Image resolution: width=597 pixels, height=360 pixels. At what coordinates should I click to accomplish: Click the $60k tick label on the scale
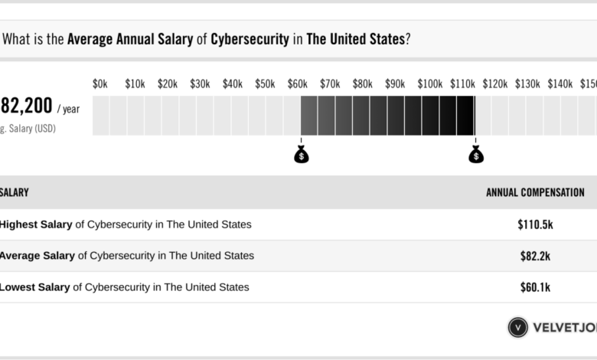pyautogui.click(x=298, y=83)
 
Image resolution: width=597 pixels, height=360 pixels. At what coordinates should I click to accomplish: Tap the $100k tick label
pyautogui.click(x=430, y=83)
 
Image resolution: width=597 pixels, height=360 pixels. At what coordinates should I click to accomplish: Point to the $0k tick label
pyautogui.click(x=100, y=83)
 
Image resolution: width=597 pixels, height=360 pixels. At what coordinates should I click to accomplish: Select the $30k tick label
pyautogui.click(x=200, y=83)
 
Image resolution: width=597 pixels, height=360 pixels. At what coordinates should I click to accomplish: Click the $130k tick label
pyautogui.click(x=527, y=83)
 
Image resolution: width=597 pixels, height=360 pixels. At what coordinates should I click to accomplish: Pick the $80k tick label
pyautogui.click(x=363, y=83)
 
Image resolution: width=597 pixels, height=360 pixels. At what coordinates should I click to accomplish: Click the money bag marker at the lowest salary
pyautogui.click(x=302, y=155)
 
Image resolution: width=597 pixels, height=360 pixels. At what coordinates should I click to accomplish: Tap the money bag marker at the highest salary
pyautogui.click(x=476, y=155)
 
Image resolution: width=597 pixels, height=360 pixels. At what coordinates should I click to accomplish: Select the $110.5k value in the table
pyautogui.click(x=534, y=225)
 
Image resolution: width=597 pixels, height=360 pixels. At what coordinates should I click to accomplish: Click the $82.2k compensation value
pyautogui.click(x=534, y=256)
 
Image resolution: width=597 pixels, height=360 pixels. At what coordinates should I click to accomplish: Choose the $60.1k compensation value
pyautogui.click(x=534, y=287)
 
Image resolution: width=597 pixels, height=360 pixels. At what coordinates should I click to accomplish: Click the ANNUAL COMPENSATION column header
pyautogui.click(x=535, y=193)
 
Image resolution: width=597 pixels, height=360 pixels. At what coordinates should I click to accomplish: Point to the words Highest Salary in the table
pyautogui.click(x=35, y=224)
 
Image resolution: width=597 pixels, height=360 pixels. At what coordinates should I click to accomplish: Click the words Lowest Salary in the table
pyautogui.click(x=34, y=287)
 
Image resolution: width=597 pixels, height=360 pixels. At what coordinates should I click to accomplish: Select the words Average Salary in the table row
pyautogui.click(x=37, y=256)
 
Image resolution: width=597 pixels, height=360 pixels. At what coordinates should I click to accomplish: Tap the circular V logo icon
pyautogui.click(x=518, y=327)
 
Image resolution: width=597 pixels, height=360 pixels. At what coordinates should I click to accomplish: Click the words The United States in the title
pyautogui.click(x=354, y=40)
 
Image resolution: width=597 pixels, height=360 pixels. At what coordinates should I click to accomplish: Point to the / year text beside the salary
pyautogui.click(x=67, y=109)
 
